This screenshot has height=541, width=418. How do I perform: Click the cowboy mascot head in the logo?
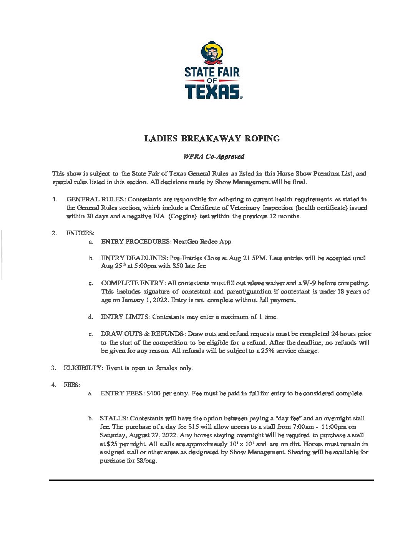coord(212,53)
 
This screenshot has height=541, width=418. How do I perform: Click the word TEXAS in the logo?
coord(212,92)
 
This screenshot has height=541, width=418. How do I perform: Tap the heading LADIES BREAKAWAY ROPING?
coord(212,139)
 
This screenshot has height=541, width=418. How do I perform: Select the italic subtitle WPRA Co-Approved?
coord(214,156)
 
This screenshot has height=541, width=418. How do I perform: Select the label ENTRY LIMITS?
coord(124,317)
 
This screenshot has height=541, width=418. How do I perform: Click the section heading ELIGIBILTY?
coord(83,368)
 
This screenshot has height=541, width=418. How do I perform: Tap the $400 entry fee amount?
coord(153,393)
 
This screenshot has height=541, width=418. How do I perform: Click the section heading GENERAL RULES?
coord(95,199)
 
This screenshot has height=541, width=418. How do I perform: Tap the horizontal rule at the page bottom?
coord(211,480)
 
